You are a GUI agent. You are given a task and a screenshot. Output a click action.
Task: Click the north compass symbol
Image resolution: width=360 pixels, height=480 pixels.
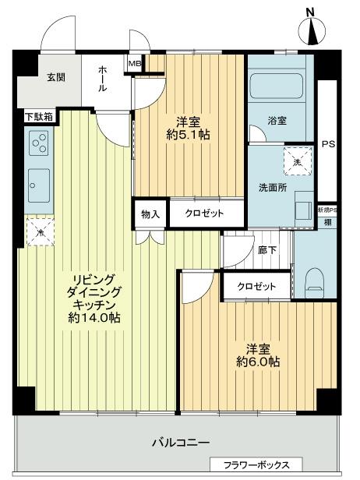coord(313,30)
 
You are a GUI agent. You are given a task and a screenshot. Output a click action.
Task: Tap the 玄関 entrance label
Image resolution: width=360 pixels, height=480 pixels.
coord(55,76)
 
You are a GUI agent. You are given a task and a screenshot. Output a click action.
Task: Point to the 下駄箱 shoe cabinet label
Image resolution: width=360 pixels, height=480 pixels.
coord(37,118)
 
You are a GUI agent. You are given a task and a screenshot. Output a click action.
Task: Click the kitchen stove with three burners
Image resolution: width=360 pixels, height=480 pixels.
coord(38,143)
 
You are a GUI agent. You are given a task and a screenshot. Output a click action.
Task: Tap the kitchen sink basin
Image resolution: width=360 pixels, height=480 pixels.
coord(37,183)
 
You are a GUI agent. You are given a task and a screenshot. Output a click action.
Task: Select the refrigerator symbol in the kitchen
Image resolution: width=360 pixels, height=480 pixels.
coord(38,231)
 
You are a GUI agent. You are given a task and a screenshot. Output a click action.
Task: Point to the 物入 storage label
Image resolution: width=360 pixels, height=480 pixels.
coord(150,214)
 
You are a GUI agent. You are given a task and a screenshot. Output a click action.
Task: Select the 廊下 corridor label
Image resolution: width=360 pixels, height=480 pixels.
coord(266,251)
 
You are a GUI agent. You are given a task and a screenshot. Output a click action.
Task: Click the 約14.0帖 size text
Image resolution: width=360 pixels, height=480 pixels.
coord(94,319)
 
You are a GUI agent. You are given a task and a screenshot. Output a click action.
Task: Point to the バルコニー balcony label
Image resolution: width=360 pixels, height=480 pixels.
coord(180,443)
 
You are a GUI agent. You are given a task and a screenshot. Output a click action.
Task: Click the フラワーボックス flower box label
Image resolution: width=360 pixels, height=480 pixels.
coord(256,465)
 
